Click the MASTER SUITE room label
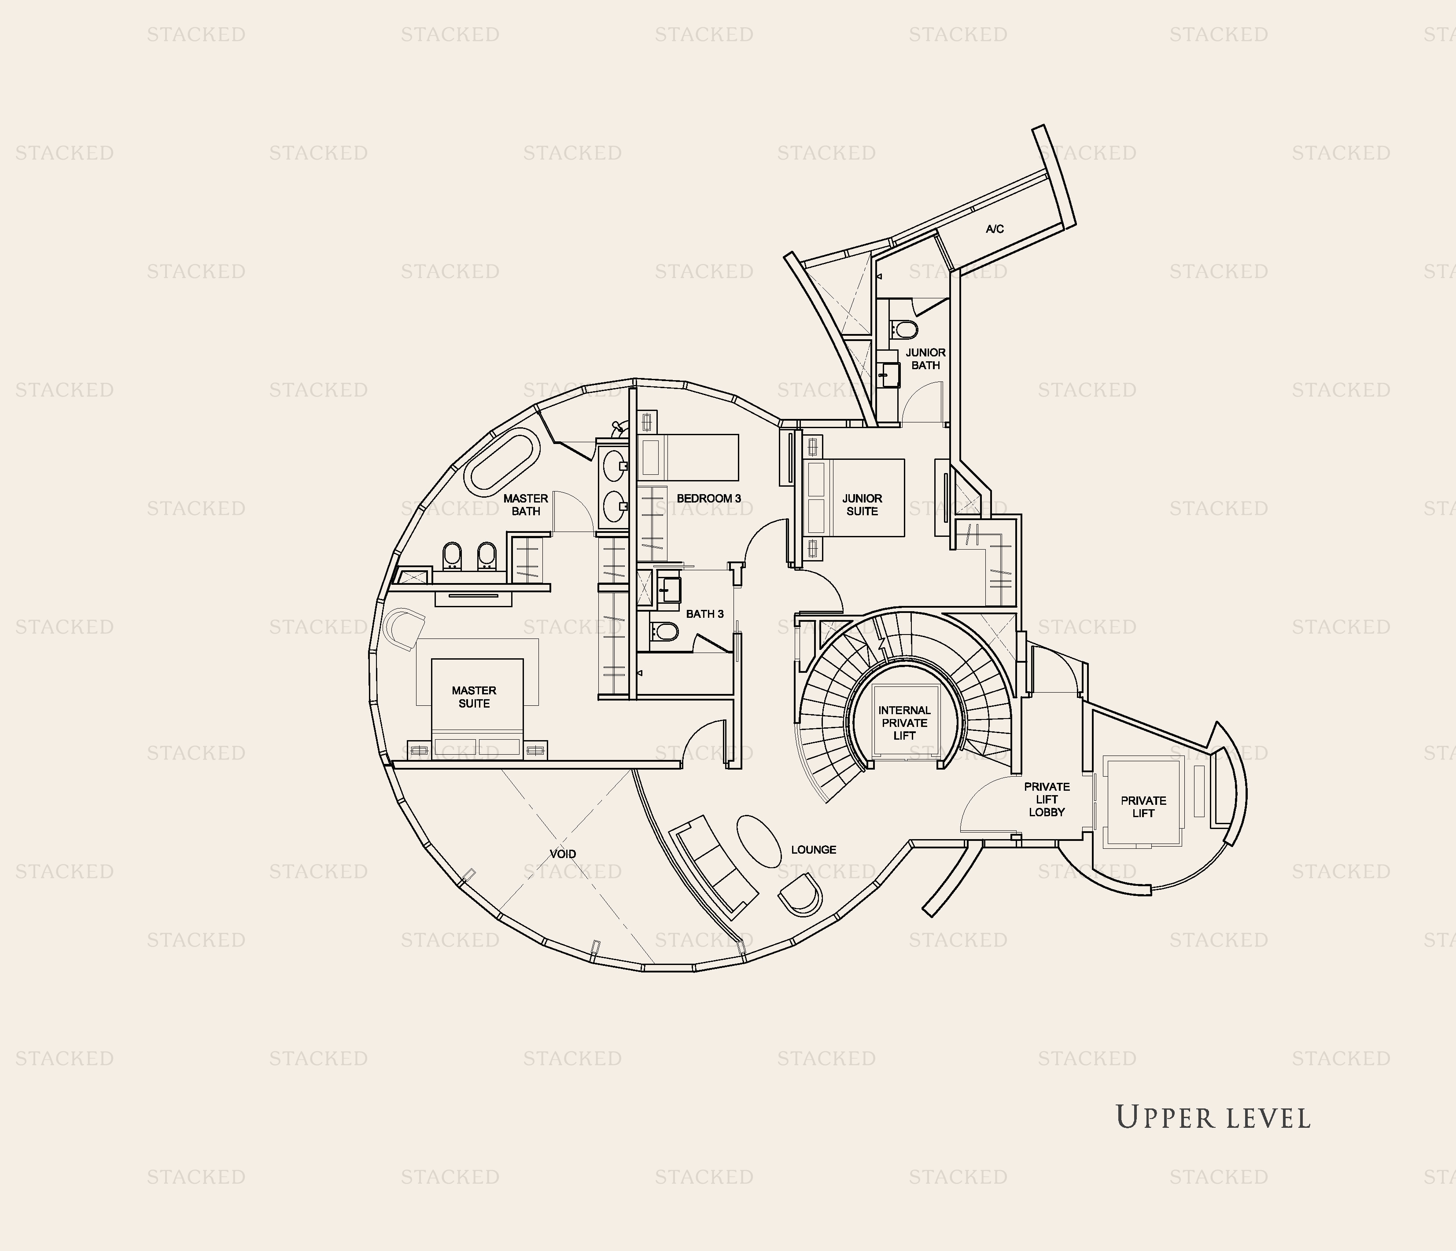[x=474, y=697]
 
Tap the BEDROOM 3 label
[x=708, y=499]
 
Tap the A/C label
[x=994, y=229]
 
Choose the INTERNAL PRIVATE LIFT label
[x=904, y=723]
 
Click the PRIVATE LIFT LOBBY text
[x=1047, y=800]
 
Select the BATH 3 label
[x=705, y=614]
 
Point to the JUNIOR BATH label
[x=925, y=359]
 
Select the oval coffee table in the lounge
[x=759, y=841]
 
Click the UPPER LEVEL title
[x=1213, y=1118]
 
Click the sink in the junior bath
[x=889, y=375]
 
